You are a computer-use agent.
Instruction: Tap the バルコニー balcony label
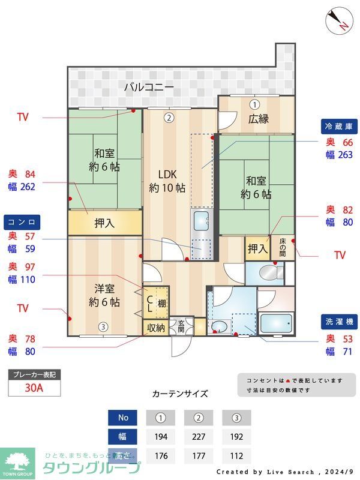point(149,87)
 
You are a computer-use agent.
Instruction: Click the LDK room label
point(167,175)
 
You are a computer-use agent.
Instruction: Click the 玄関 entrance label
point(181,326)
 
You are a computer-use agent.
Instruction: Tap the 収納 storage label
point(155,328)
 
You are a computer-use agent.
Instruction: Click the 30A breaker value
point(34,388)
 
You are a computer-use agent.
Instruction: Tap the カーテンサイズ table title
point(180,394)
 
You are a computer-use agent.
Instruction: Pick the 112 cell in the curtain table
point(236,455)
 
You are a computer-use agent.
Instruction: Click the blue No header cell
point(122,417)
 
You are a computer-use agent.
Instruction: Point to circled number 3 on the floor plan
point(103,327)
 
